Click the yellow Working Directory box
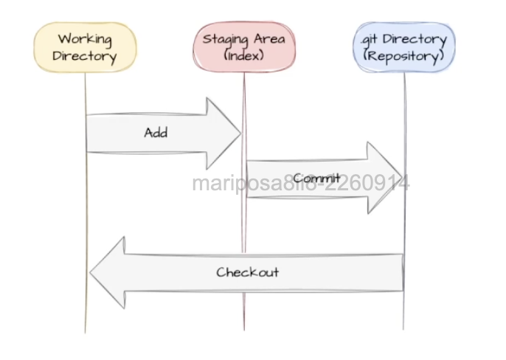(86, 46)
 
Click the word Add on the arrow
(156, 133)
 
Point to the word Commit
(316, 179)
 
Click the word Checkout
(248, 271)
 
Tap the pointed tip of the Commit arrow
(402, 178)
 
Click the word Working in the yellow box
(86, 38)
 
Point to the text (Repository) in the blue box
(403, 55)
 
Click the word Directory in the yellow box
(86, 55)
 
